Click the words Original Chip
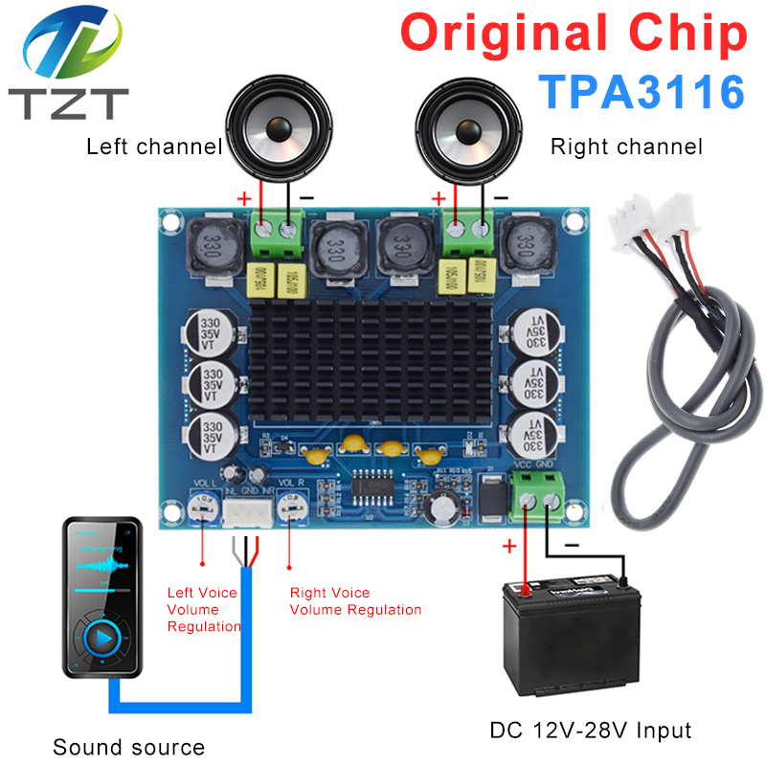[x=573, y=34]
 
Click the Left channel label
[x=154, y=146]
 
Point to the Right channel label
[x=626, y=146]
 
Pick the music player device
[x=102, y=597]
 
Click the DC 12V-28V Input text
[x=591, y=731]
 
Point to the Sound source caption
[x=128, y=748]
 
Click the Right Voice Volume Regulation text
[x=355, y=601]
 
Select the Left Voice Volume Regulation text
[x=202, y=609]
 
